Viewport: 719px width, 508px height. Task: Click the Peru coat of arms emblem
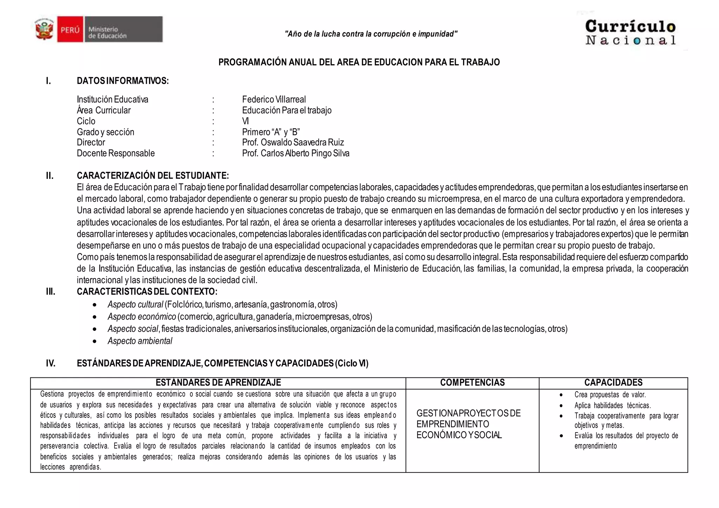coord(45,29)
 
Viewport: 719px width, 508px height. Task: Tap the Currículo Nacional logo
coord(630,33)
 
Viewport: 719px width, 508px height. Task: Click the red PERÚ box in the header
coord(70,29)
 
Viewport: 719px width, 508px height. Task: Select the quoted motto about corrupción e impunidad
coord(371,34)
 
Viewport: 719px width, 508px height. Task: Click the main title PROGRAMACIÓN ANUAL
coord(359,62)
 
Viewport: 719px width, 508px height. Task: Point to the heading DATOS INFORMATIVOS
coord(123,81)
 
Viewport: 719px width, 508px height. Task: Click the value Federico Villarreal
coord(274,99)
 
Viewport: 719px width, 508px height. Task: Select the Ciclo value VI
coord(245,121)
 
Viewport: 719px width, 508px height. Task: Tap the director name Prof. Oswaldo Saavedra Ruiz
coord(293,142)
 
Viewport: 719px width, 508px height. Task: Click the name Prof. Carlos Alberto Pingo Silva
coord(296,153)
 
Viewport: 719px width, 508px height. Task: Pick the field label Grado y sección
coord(105,132)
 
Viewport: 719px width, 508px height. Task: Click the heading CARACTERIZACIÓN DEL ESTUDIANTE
coord(153,175)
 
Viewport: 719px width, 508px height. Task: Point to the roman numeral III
coord(51,292)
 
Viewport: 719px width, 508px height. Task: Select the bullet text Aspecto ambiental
coord(140,341)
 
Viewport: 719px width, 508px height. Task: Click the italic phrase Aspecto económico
coord(142,316)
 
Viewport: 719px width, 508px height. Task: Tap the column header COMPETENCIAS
coord(472,383)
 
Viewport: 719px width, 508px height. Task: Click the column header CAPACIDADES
coord(613,383)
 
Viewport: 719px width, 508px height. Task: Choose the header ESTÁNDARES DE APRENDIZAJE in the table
coord(218,383)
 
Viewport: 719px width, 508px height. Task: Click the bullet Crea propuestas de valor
coord(610,395)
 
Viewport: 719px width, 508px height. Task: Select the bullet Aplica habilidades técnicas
coord(612,406)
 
